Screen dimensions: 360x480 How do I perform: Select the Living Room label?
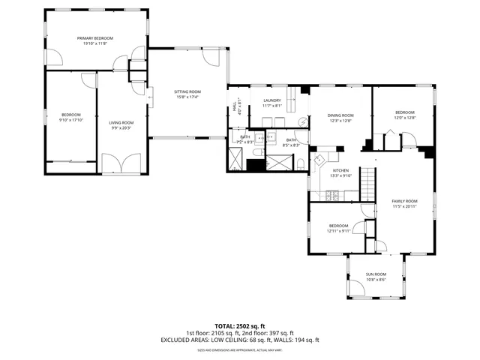click(x=121, y=122)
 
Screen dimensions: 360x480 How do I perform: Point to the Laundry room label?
click(x=271, y=100)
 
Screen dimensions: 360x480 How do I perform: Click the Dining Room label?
click(x=340, y=115)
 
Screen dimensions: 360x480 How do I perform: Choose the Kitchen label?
click(x=341, y=171)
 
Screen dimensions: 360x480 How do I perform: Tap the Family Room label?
click(x=405, y=202)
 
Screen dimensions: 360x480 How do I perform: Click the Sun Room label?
click(x=375, y=274)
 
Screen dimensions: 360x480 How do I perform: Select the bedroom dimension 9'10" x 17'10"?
click(x=72, y=119)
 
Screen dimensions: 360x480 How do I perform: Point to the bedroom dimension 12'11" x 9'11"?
click(x=338, y=231)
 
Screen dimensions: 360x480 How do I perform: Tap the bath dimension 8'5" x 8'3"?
click(x=292, y=145)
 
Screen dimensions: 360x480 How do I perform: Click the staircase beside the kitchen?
click(x=367, y=184)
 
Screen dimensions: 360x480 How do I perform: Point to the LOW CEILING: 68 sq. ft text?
click(x=238, y=340)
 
